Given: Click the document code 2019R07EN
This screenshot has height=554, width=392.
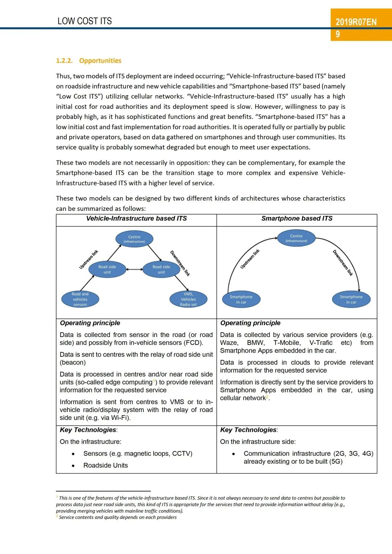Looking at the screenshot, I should click(356, 22).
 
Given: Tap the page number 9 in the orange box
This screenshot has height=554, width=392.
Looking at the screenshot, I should click(338, 34).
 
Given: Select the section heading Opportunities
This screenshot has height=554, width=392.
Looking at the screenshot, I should click(100, 61).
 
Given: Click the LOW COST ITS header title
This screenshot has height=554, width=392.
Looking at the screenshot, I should click(85, 21).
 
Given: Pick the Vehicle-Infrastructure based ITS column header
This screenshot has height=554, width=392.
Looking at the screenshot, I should click(136, 218).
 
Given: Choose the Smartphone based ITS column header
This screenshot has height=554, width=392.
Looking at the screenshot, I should click(297, 218).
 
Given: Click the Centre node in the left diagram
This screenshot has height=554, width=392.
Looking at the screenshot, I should click(134, 239).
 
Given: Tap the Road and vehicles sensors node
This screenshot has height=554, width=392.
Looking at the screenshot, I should click(80, 299).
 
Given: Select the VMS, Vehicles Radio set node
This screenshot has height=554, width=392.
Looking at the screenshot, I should click(188, 299).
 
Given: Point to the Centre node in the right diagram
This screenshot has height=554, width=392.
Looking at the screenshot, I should click(296, 238).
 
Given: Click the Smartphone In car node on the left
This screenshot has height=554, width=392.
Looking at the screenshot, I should click(241, 299).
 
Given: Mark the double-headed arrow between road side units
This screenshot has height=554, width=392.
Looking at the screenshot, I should click(135, 269).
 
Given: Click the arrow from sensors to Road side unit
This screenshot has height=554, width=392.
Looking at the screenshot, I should click(87, 283).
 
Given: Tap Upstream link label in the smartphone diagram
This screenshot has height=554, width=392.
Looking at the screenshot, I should click(250, 259).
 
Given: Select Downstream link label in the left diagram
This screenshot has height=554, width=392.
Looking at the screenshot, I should click(180, 263).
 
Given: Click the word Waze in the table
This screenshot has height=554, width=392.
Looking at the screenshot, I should click(229, 343).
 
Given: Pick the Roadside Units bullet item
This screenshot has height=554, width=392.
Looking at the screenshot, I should click(106, 465).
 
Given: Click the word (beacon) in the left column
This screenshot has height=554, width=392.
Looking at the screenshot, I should click(73, 362).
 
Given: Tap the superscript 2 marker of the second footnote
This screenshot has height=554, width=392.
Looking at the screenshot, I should click(57, 516).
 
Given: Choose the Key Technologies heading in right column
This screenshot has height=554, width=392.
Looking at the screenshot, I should click(249, 430).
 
